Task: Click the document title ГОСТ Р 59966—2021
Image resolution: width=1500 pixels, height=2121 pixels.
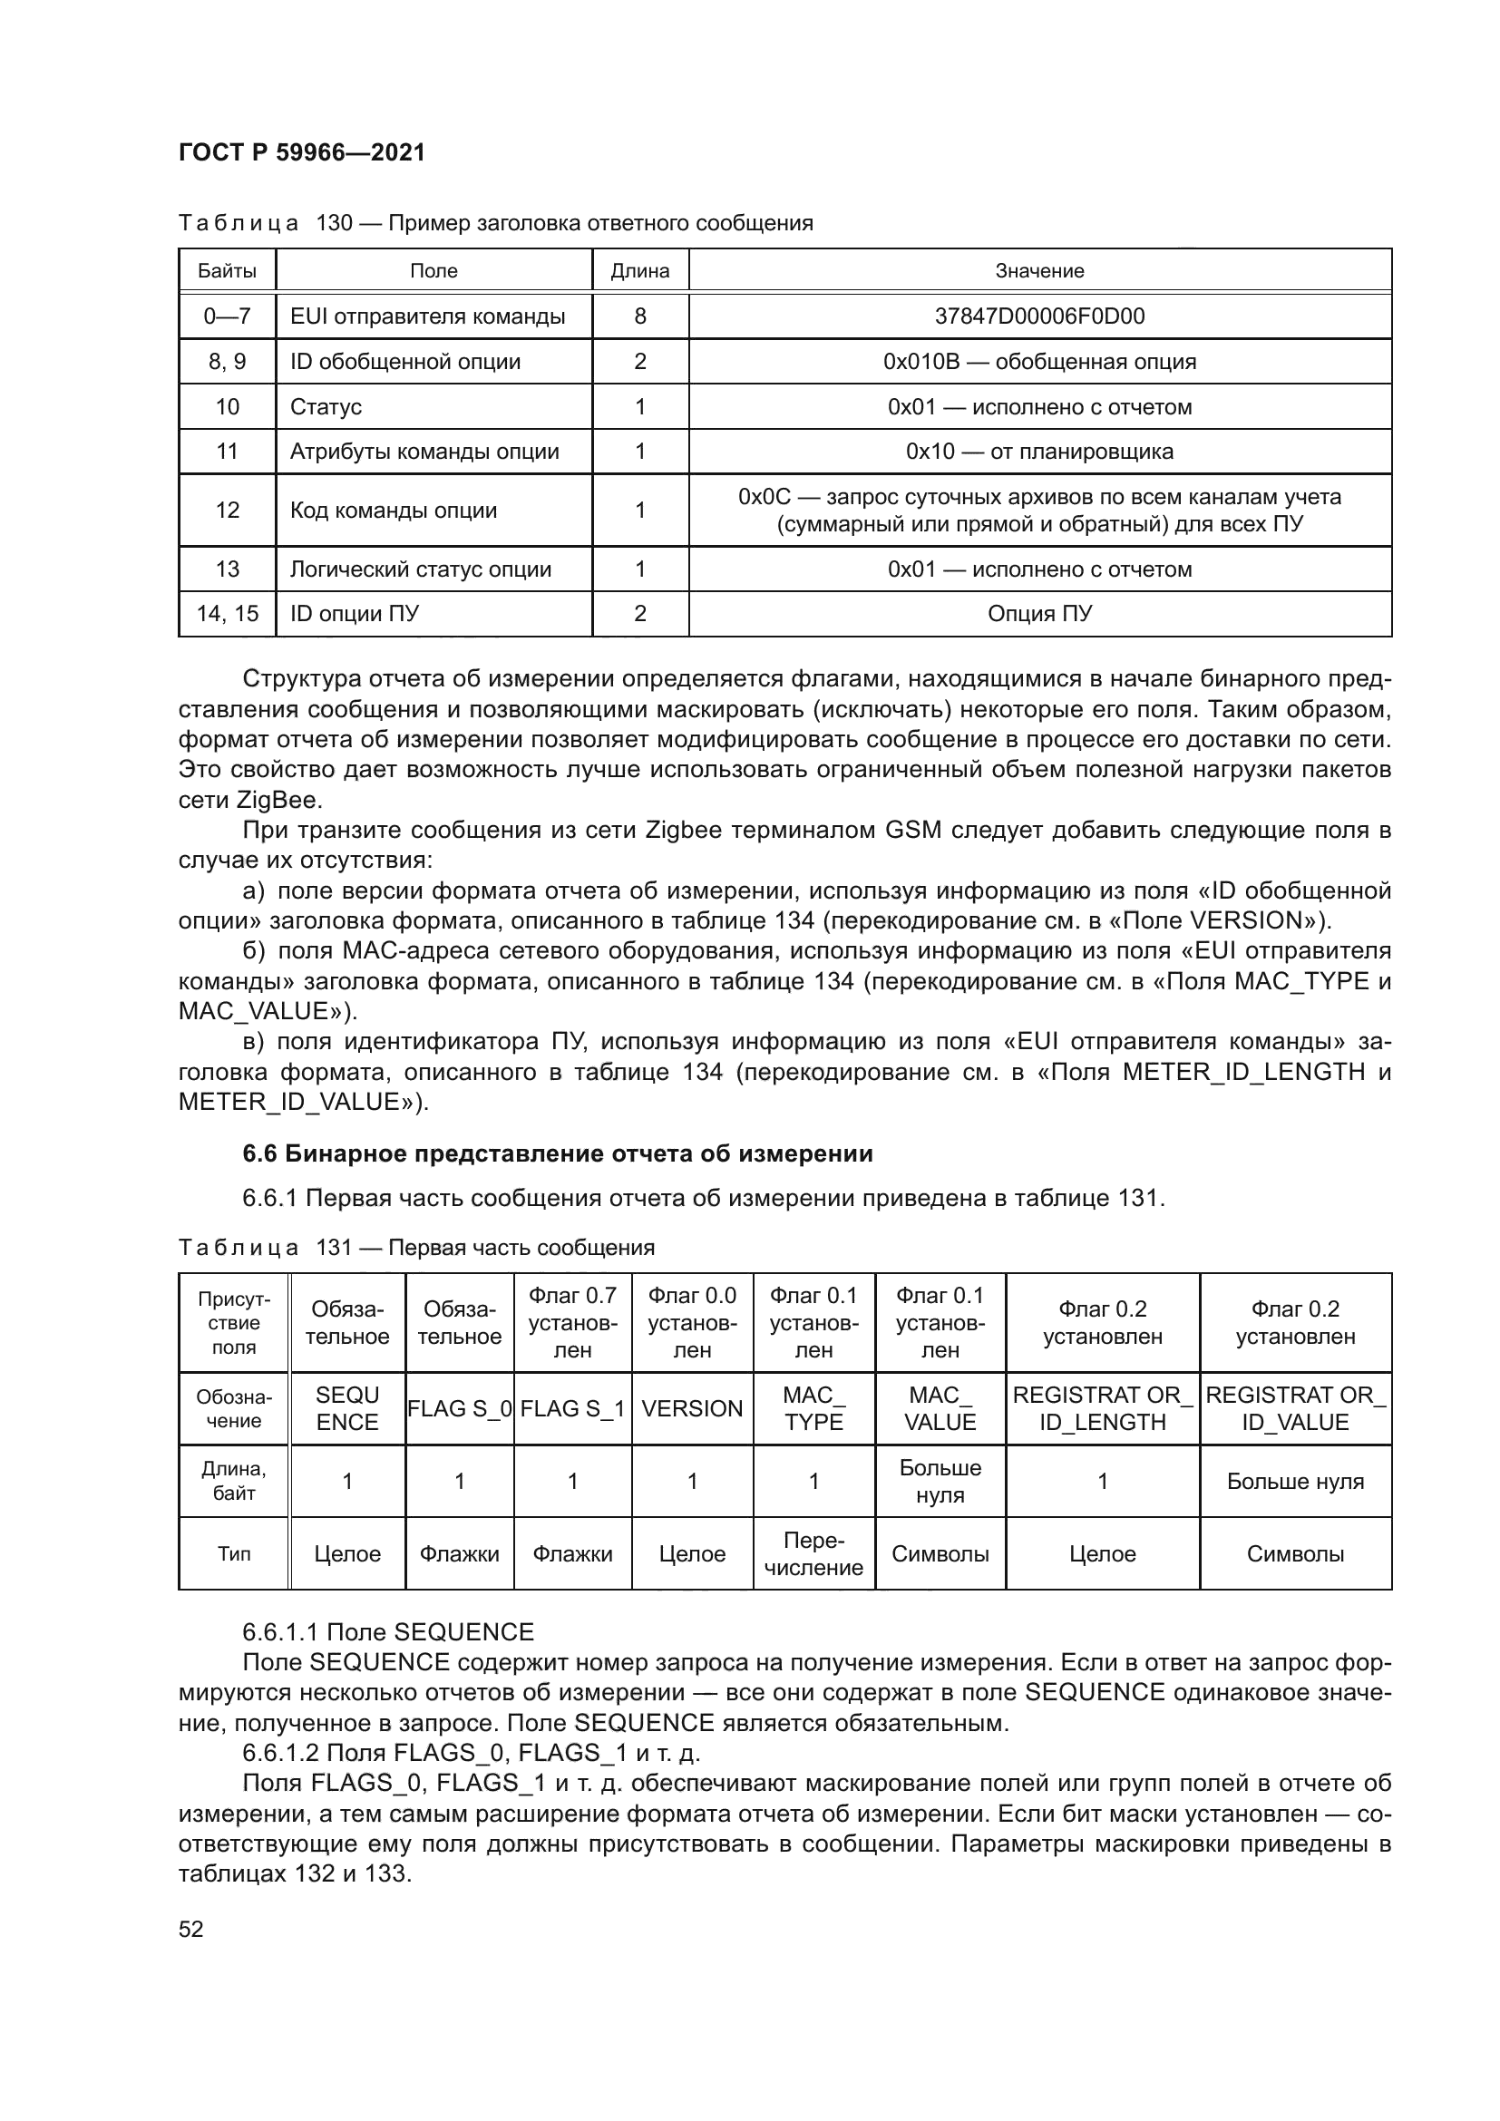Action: (x=301, y=152)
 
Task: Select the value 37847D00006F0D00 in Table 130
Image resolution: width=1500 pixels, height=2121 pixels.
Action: (x=1039, y=316)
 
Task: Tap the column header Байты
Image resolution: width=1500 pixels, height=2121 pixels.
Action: (x=228, y=270)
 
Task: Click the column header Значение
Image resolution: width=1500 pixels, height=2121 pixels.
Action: (x=1039, y=270)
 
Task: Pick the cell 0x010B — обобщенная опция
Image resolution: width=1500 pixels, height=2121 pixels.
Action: (x=1039, y=361)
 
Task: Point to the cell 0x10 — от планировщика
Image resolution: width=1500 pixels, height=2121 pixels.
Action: (x=1039, y=452)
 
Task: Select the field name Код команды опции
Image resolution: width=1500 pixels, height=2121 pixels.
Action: (x=394, y=510)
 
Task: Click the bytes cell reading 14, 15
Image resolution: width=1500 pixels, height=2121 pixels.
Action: (x=228, y=613)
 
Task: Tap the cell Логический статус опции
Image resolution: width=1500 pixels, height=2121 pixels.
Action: (x=420, y=569)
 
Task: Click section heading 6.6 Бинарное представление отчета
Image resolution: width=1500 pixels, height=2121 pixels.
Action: (x=557, y=1153)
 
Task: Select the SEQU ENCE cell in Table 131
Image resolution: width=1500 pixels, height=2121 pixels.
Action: (x=347, y=1409)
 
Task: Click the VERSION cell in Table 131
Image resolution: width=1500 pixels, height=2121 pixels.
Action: (x=692, y=1409)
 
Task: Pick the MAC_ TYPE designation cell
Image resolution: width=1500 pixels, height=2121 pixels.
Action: (x=813, y=1409)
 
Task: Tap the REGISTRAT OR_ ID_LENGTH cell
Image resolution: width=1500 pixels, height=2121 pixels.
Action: (x=1102, y=1409)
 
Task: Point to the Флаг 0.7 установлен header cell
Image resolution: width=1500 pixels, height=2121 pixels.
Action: (x=572, y=1323)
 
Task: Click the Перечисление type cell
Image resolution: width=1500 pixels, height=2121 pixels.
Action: (x=813, y=1554)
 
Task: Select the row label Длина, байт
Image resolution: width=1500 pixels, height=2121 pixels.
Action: (x=234, y=1481)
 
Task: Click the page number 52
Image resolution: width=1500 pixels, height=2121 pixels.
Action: (x=191, y=1929)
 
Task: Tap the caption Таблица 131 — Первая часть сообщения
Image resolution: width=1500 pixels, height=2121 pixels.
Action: (x=415, y=1248)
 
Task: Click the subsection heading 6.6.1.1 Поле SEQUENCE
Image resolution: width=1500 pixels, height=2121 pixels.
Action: (x=388, y=1632)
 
